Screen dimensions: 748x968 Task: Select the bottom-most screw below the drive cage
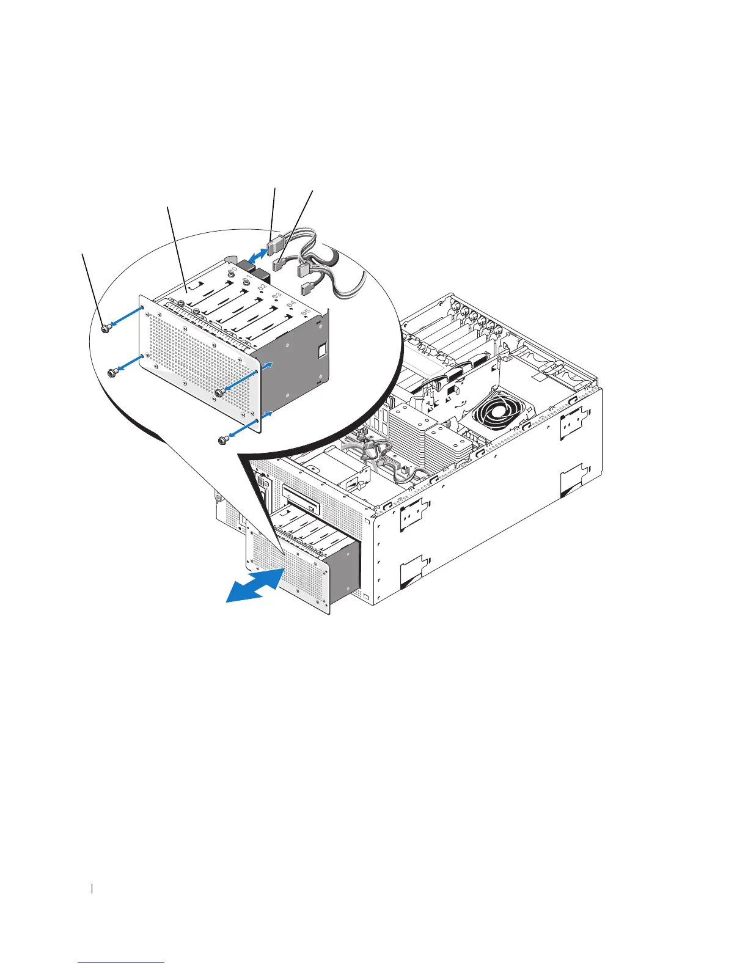coord(223,439)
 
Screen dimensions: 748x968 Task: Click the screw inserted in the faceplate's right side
coord(219,392)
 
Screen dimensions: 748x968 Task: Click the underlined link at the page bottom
coord(122,963)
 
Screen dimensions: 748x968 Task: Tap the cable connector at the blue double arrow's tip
coord(273,244)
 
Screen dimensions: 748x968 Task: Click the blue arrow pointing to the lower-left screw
coord(131,364)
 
